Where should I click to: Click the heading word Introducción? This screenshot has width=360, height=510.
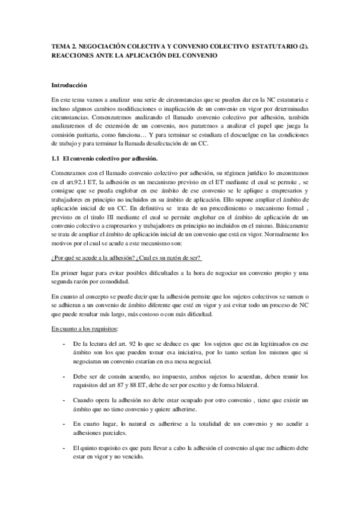69,85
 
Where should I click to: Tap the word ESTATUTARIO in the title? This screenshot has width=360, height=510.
266,46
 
